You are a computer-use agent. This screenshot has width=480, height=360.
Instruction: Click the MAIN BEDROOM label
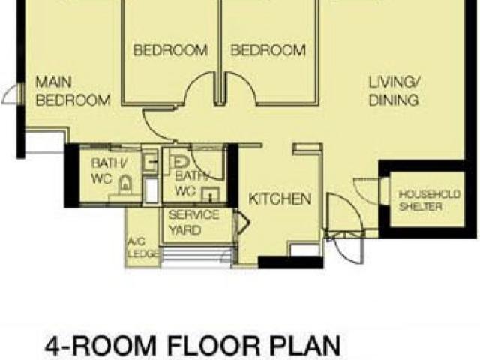(73, 91)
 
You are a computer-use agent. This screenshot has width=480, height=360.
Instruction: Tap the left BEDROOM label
(169, 51)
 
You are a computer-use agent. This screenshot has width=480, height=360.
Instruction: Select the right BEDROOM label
(268, 51)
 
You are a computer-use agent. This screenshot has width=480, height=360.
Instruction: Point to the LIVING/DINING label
(394, 91)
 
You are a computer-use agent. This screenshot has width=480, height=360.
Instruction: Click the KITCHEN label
(280, 199)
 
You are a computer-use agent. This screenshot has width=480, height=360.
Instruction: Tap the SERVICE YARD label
(193, 223)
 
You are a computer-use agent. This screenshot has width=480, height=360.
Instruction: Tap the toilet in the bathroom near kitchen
(179, 162)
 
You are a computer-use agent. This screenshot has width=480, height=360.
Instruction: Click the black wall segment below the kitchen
(290, 262)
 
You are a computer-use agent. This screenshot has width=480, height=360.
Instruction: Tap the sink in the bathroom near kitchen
(211, 196)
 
